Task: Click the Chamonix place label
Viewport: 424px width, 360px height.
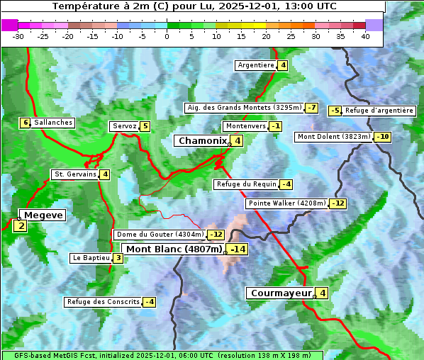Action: (x=202, y=141)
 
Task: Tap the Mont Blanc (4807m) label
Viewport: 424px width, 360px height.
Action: (x=174, y=249)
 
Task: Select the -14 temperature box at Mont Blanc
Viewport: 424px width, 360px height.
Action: (x=238, y=249)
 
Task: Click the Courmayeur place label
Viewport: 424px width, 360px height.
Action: (x=281, y=293)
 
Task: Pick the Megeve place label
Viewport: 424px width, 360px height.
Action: (x=43, y=215)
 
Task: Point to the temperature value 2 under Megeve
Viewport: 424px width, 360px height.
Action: (x=21, y=227)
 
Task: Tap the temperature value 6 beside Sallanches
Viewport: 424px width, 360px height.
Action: (x=26, y=123)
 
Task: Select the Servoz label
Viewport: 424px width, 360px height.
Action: (x=124, y=126)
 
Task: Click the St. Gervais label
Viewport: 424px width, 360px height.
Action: (x=75, y=174)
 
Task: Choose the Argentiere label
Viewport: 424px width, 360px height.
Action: (x=256, y=65)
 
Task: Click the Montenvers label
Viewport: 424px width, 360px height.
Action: (x=245, y=126)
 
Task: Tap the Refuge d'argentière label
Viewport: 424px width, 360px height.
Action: (x=379, y=111)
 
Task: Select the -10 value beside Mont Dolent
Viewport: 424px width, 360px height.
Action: (x=382, y=137)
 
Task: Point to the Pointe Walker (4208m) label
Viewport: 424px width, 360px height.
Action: (x=287, y=203)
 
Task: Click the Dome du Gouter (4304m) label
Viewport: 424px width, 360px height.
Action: (x=160, y=235)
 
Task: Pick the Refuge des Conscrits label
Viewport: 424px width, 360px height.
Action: (x=103, y=302)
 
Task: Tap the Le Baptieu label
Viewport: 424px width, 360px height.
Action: (x=91, y=258)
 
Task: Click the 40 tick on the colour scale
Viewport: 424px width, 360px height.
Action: (x=365, y=36)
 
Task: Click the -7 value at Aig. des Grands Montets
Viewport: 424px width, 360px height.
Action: (x=311, y=108)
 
